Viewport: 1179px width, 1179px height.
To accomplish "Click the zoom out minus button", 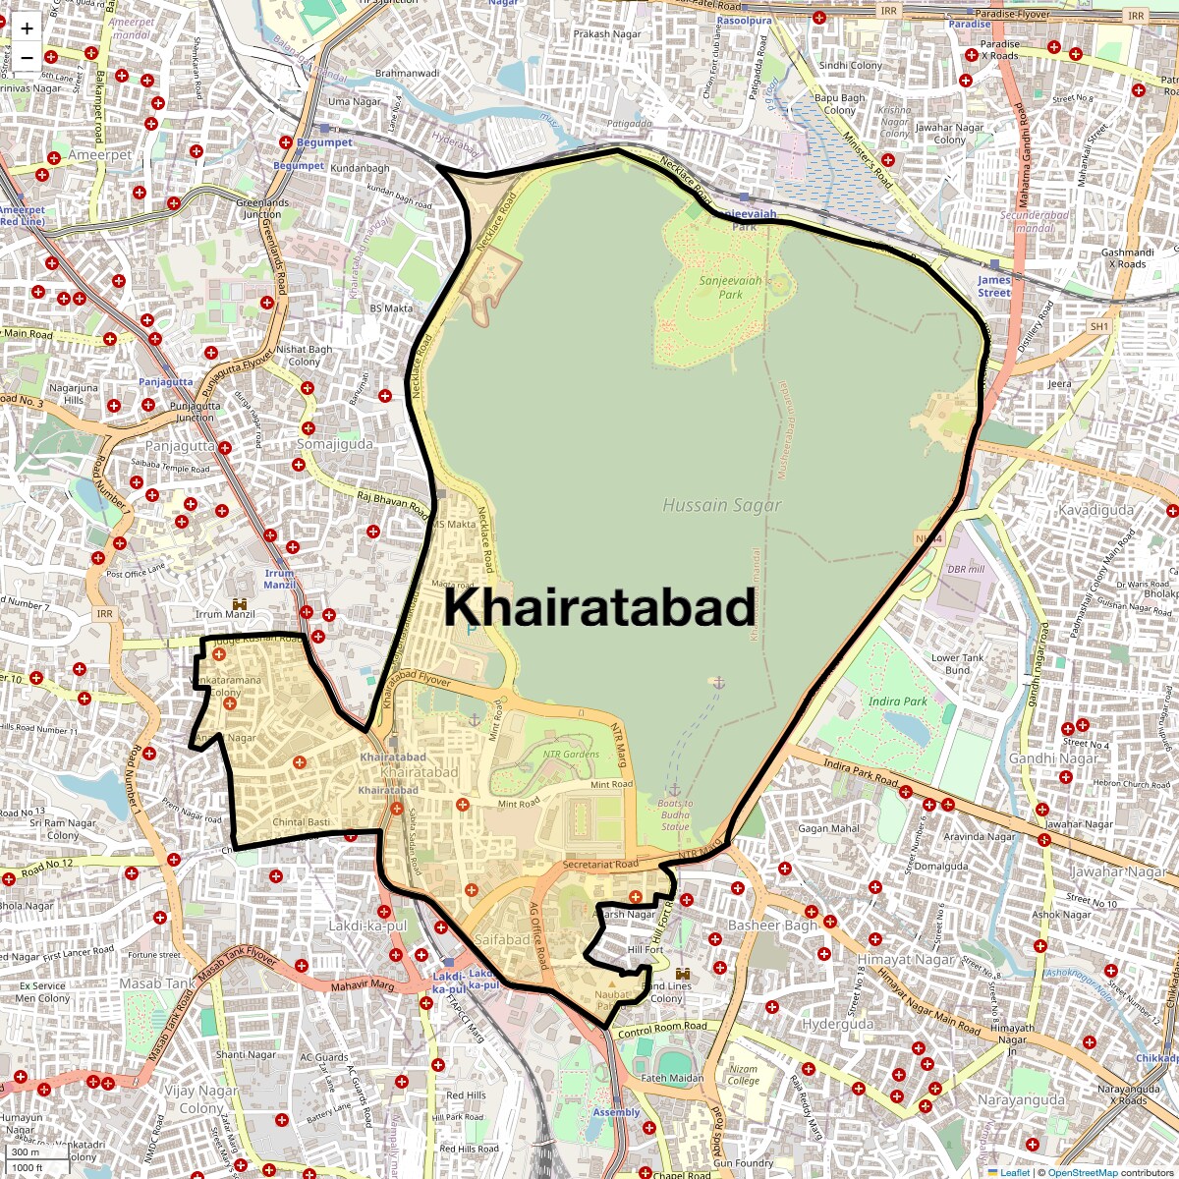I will click(x=27, y=58).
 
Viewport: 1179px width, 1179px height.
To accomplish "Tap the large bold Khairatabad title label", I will click(x=599, y=606).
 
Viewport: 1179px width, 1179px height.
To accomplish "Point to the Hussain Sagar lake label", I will click(x=722, y=505).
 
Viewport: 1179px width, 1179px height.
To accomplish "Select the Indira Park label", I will click(x=897, y=702).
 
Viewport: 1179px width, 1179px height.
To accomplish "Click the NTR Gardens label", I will click(x=571, y=755).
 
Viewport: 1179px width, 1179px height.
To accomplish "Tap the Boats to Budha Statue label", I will click(x=675, y=814).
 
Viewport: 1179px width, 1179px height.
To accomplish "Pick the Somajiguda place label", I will click(x=335, y=444).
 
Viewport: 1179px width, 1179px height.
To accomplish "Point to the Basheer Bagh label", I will click(x=772, y=926).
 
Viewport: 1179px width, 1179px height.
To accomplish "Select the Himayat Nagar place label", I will click(x=906, y=959).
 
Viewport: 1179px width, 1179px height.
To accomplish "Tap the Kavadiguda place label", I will click(x=1095, y=510).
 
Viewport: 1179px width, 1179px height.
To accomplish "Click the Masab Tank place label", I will click(x=157, y=982).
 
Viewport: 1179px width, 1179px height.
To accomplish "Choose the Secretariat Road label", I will click(x=600, y=865).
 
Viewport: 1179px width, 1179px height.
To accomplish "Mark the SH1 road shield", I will click(x=1098, y=326).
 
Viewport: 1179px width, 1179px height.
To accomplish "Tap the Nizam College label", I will click(x=744, y=1075).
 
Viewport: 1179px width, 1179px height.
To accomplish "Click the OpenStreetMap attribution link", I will click(x=1082, y=1172).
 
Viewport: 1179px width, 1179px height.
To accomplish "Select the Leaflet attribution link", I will click(x=1014, y=1172).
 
